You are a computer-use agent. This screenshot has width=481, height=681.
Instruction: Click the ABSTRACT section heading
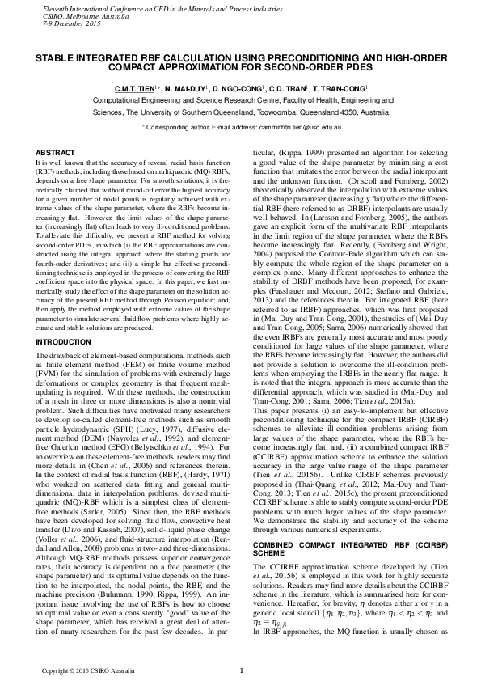click(x=57, y=153)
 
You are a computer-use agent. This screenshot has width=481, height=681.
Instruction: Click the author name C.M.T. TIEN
click(x=136, y=87)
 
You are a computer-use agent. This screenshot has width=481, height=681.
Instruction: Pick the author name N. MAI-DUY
click(x=186, y=87)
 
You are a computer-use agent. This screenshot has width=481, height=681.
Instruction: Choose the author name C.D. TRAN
click(x=294, y=87)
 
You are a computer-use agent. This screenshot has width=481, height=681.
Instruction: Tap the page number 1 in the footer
click(x=241, y=670)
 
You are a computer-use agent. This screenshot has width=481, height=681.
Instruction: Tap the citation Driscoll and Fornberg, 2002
click(x=372, y=187)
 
